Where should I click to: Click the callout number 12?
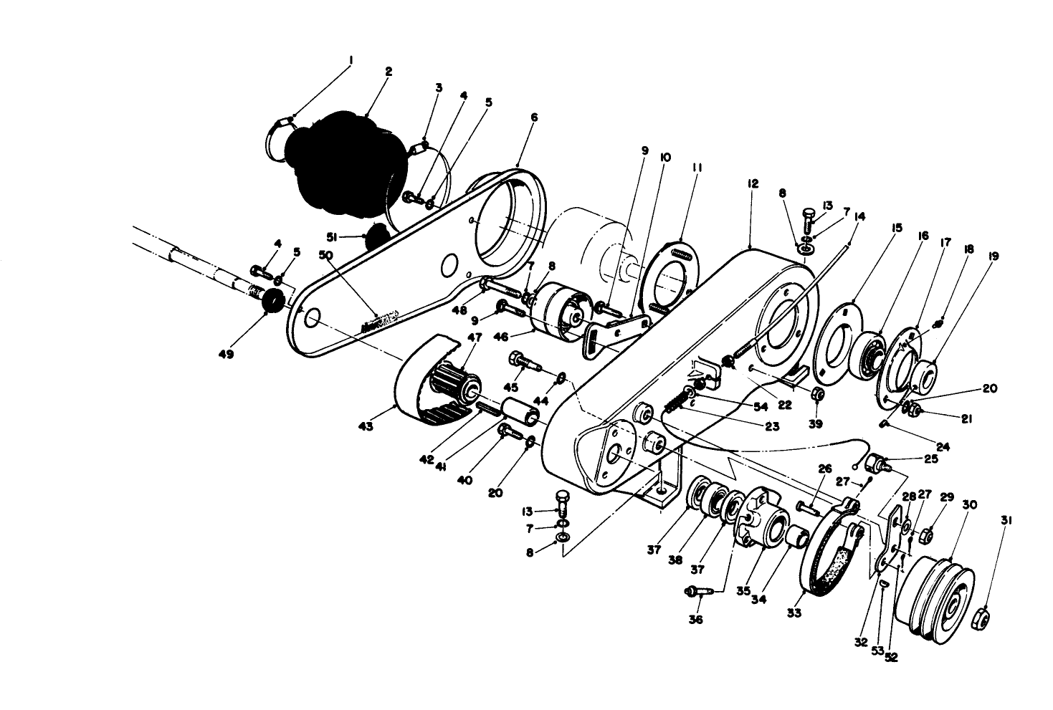point(752,184)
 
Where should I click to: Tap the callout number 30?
point(969,505)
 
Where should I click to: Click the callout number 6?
point(534,117)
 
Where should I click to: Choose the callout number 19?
point(994,256)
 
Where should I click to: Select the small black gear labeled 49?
point(273,301)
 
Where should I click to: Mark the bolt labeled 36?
point(699,592)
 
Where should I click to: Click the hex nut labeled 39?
point(815,395)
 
